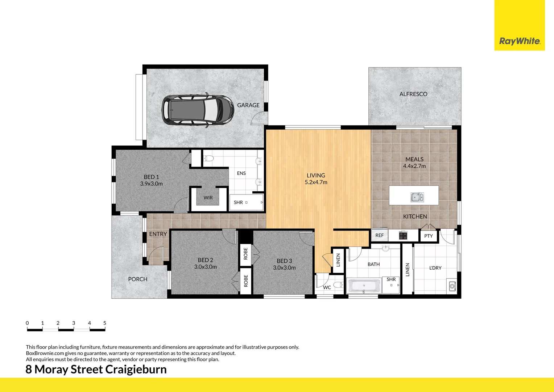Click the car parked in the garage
(198, 110)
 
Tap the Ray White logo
(519, 41)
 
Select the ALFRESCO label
(413, 94)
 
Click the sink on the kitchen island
(417, 197)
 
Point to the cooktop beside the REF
(403, 236)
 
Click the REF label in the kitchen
(379, 236)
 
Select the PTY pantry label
(428, 236)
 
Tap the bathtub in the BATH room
(364, 286)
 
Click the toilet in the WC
(338, 285)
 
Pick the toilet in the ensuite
(208, 158)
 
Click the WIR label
(208, 198)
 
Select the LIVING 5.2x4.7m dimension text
(316, 182)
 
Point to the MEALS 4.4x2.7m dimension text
(414, 166)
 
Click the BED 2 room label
(205, 260)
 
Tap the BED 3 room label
(284, 261)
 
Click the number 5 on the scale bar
(105, 323)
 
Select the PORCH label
(138, 279)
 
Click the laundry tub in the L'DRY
(452, 286)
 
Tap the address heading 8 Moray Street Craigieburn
(96, 369)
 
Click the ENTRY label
(158, 234)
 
